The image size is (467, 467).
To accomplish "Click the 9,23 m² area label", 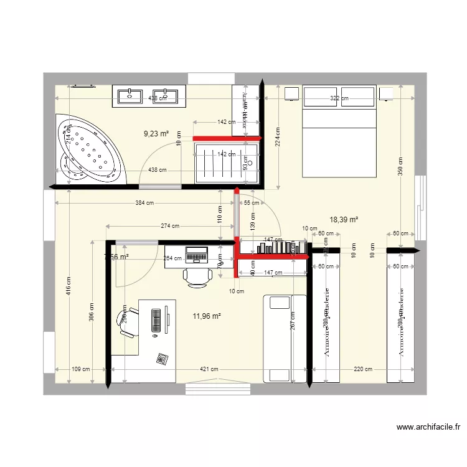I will (156, 133).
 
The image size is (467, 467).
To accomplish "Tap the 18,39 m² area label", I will (344, 219).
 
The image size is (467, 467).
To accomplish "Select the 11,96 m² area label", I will (207, 316).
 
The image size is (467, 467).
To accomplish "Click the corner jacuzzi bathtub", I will (88, 151).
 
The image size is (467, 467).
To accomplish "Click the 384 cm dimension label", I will (144, 202).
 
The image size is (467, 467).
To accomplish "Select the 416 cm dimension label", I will (68, 290).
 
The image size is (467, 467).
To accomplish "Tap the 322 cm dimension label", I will (339, 98).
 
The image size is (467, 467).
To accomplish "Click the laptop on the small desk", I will (197, 254).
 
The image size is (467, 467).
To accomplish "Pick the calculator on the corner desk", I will (163, 359).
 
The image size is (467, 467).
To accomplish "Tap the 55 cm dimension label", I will (252, 203).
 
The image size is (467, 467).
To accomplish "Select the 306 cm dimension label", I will (92, 314).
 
